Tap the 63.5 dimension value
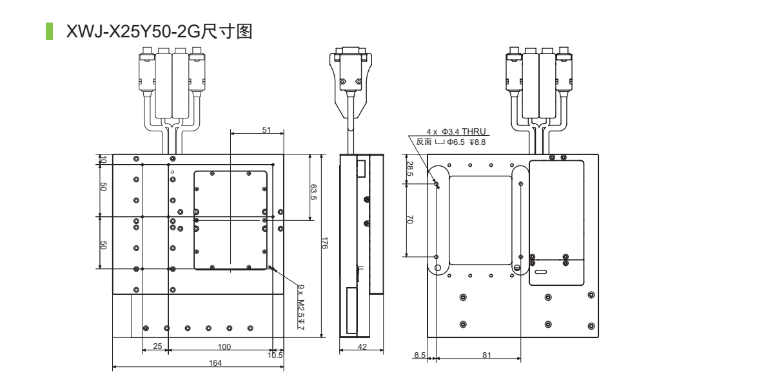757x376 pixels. (x=313, y=191)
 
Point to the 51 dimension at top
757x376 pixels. (x=266, y=129)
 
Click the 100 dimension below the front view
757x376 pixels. (x=224, y=347)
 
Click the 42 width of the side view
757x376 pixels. (x=362, y=347)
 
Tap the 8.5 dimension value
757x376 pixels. (x=420, y=354)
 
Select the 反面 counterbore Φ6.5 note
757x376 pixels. (x=451, y=142)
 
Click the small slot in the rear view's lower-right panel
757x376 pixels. (x=540, y=272)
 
